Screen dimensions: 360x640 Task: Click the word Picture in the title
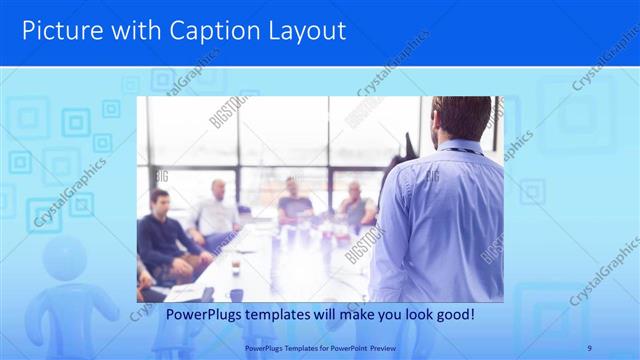pos(59,31)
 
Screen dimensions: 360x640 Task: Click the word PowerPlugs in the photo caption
pos(200,314)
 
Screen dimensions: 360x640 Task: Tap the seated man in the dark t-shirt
pos(294,200)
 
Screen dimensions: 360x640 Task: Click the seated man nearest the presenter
pos(355,205)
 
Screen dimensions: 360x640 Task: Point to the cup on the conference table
pos(236,268)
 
